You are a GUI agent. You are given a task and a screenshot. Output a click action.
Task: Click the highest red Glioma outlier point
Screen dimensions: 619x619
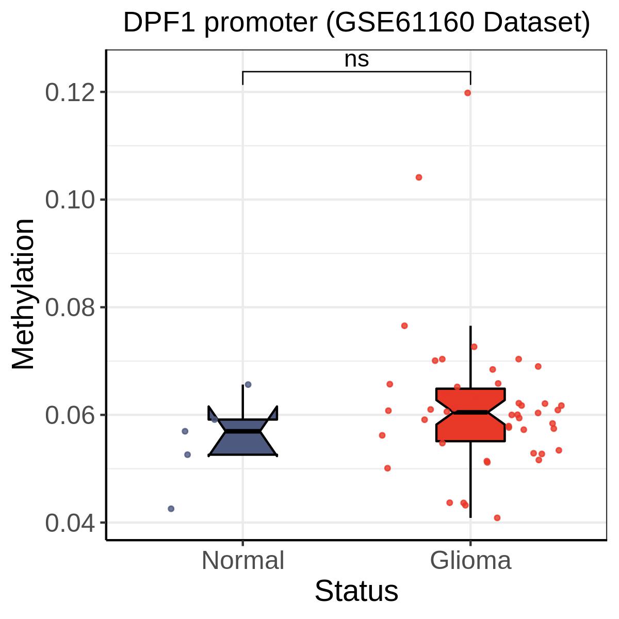(467, 93)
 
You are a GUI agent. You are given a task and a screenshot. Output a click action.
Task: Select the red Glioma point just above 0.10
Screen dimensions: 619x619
(418, 177)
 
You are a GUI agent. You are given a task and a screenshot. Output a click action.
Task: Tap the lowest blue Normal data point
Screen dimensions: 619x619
(171, 509)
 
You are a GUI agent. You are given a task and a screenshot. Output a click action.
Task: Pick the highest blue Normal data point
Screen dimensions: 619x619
(248, 384)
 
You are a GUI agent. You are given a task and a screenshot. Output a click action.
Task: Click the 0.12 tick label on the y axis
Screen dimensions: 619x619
(70, 92)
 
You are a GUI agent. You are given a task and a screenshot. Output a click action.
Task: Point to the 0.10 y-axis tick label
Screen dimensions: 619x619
(70, 200)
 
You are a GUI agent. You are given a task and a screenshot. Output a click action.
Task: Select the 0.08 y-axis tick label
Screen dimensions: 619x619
(70, 307)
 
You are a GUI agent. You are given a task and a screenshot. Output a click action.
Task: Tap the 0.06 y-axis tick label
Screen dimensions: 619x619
(70, 415)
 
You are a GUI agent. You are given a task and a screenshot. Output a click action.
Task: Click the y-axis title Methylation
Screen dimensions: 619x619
(23, 294)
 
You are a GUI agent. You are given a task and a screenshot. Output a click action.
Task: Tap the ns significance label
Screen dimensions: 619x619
(356, 59)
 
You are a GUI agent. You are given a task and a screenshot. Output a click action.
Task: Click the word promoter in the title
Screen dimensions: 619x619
(261, 23)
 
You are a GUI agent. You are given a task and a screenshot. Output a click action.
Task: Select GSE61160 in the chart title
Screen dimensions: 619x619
(404, 23)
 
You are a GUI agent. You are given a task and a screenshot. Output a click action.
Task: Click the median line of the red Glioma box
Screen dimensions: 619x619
(470, 412)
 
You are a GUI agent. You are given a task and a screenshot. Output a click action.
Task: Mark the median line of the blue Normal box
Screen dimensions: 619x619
(243, 431)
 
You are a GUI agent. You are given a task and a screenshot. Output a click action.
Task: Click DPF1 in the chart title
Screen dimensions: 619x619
(159, 23)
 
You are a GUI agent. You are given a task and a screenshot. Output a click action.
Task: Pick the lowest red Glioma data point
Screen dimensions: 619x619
(497, 518)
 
